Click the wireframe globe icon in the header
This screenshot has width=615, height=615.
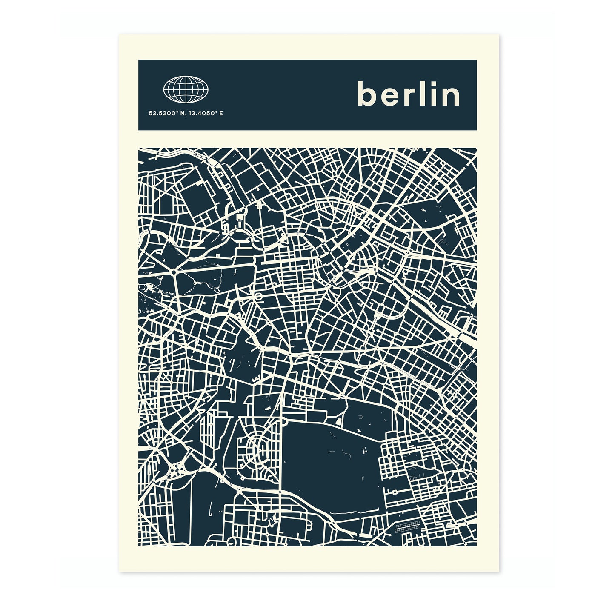[186, 89]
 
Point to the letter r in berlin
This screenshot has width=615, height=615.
[406, 96]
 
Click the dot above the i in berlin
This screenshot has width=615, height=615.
[430, 83]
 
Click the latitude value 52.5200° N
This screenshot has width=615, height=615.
[164, 114]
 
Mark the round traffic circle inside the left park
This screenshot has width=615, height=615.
[174, 272]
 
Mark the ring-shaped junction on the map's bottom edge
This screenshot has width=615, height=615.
[232, 542]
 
